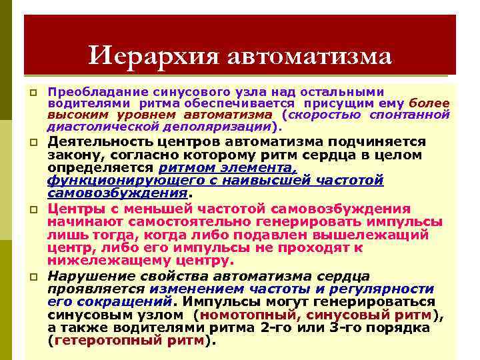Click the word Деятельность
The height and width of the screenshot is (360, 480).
(x=103, y=142)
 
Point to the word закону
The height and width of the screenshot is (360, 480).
(x=71, y=155)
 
